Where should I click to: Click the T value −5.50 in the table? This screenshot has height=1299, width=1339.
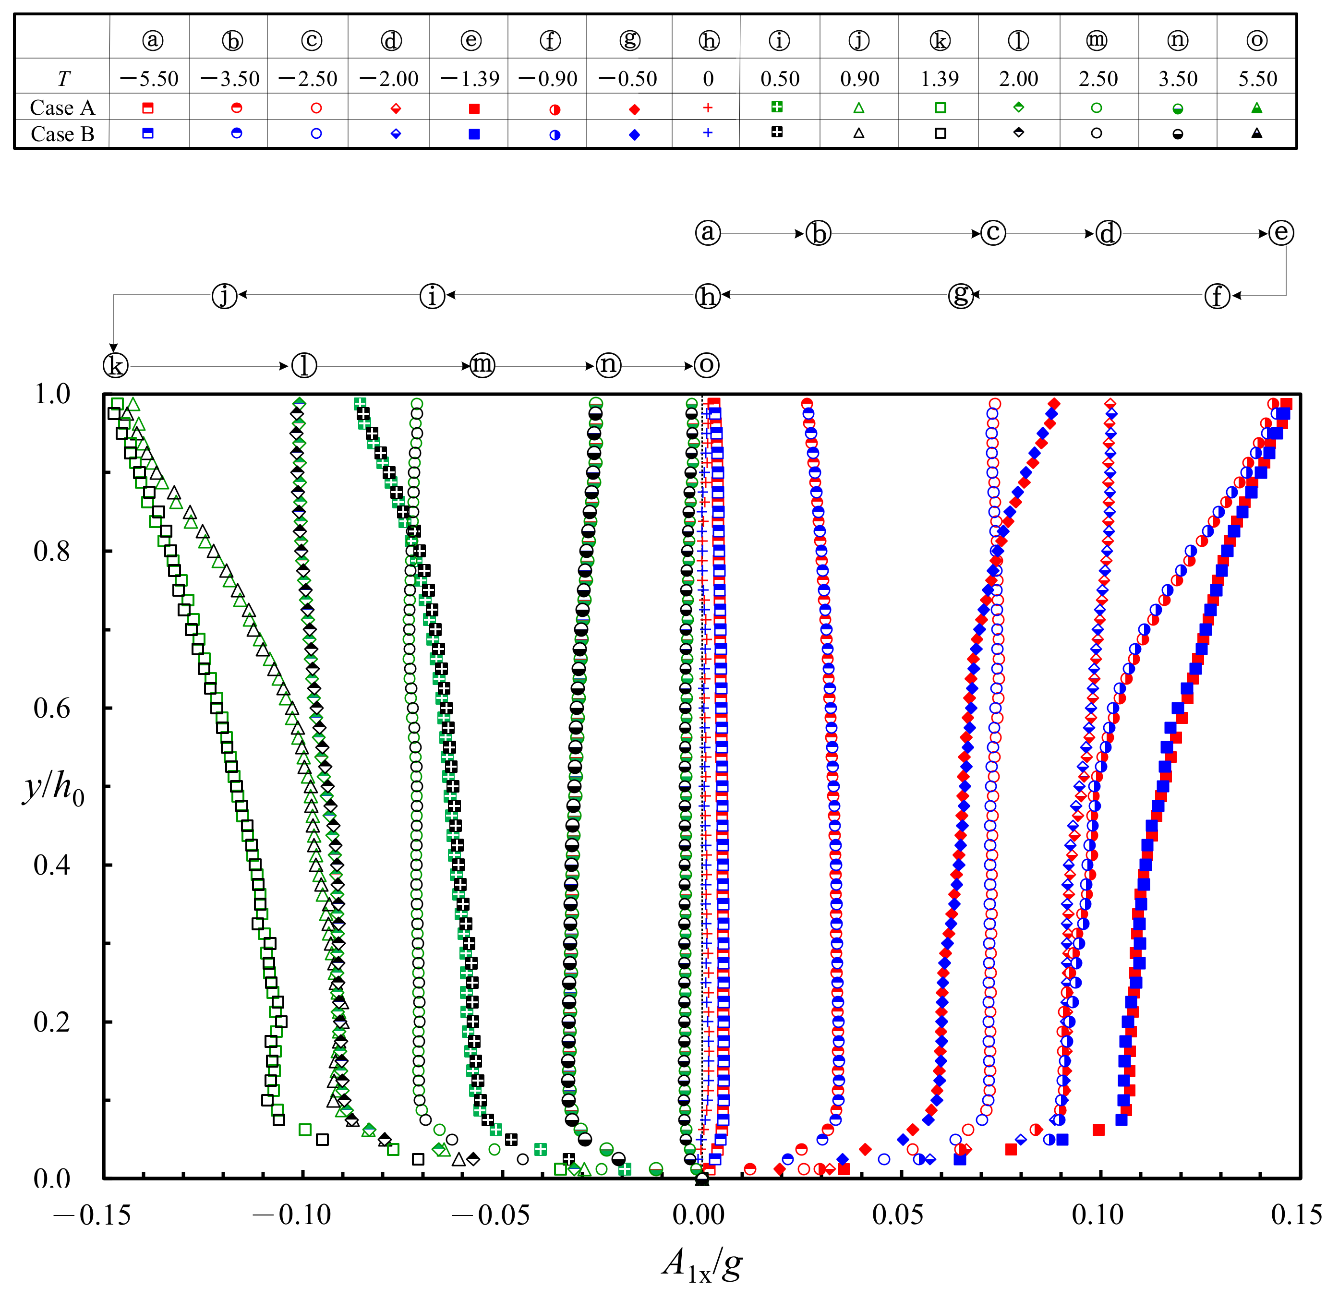(149, 79)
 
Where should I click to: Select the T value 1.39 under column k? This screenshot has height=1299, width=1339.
(940, 79)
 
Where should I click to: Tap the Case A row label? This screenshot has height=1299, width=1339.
(62, 108)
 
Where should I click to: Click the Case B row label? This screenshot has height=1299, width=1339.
(62, 134)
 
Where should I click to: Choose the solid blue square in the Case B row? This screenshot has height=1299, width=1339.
(474, 134)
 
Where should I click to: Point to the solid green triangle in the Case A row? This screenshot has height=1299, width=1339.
(1256, 108)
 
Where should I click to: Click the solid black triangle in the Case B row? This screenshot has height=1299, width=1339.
(1256, 133)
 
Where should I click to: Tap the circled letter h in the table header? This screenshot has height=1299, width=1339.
(709, 41)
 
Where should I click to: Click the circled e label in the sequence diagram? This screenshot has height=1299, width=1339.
(1280, 232)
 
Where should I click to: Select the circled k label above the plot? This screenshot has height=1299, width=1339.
(115, 365)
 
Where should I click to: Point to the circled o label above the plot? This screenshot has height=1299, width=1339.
(706, 365)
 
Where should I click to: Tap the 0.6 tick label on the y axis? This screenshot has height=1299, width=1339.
(52, 708)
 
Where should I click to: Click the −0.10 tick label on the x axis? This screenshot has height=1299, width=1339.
(291, 1215)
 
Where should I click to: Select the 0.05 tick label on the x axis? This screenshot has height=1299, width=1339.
(898, 1215)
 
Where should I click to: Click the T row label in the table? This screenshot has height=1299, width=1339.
(63, 79)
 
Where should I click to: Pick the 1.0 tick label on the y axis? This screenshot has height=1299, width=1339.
(52, 394)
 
